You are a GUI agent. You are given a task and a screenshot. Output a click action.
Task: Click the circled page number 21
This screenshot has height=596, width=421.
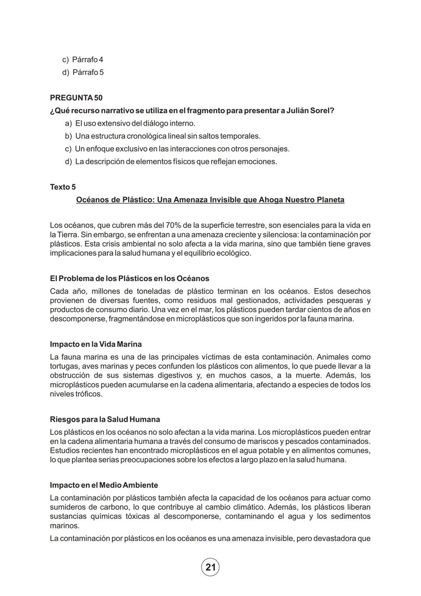210,567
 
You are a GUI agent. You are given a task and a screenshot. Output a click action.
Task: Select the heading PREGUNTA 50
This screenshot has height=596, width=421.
76,98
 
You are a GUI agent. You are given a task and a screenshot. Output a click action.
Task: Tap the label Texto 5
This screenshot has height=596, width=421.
63,187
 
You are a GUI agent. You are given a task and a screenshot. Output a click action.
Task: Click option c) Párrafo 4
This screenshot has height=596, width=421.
83,60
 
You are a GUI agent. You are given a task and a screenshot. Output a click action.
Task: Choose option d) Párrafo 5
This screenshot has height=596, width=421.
83,72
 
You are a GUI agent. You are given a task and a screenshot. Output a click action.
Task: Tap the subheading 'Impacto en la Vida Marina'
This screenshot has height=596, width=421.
96,344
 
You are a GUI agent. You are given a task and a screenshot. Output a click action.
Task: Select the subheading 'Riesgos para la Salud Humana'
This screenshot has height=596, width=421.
105,420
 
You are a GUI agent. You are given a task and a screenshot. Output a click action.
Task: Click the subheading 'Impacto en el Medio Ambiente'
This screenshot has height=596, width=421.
104,485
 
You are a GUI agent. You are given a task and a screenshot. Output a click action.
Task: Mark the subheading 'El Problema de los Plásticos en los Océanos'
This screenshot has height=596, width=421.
129,279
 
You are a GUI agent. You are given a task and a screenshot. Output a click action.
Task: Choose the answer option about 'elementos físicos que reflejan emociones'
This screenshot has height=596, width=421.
175,162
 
